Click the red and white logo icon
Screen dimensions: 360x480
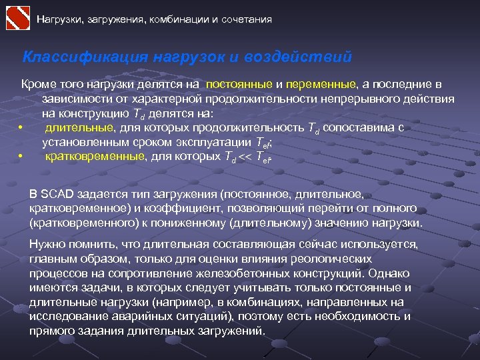point(17,17)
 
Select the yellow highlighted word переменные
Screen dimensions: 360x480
point(322,85)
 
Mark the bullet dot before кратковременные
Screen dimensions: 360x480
point(22,157)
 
